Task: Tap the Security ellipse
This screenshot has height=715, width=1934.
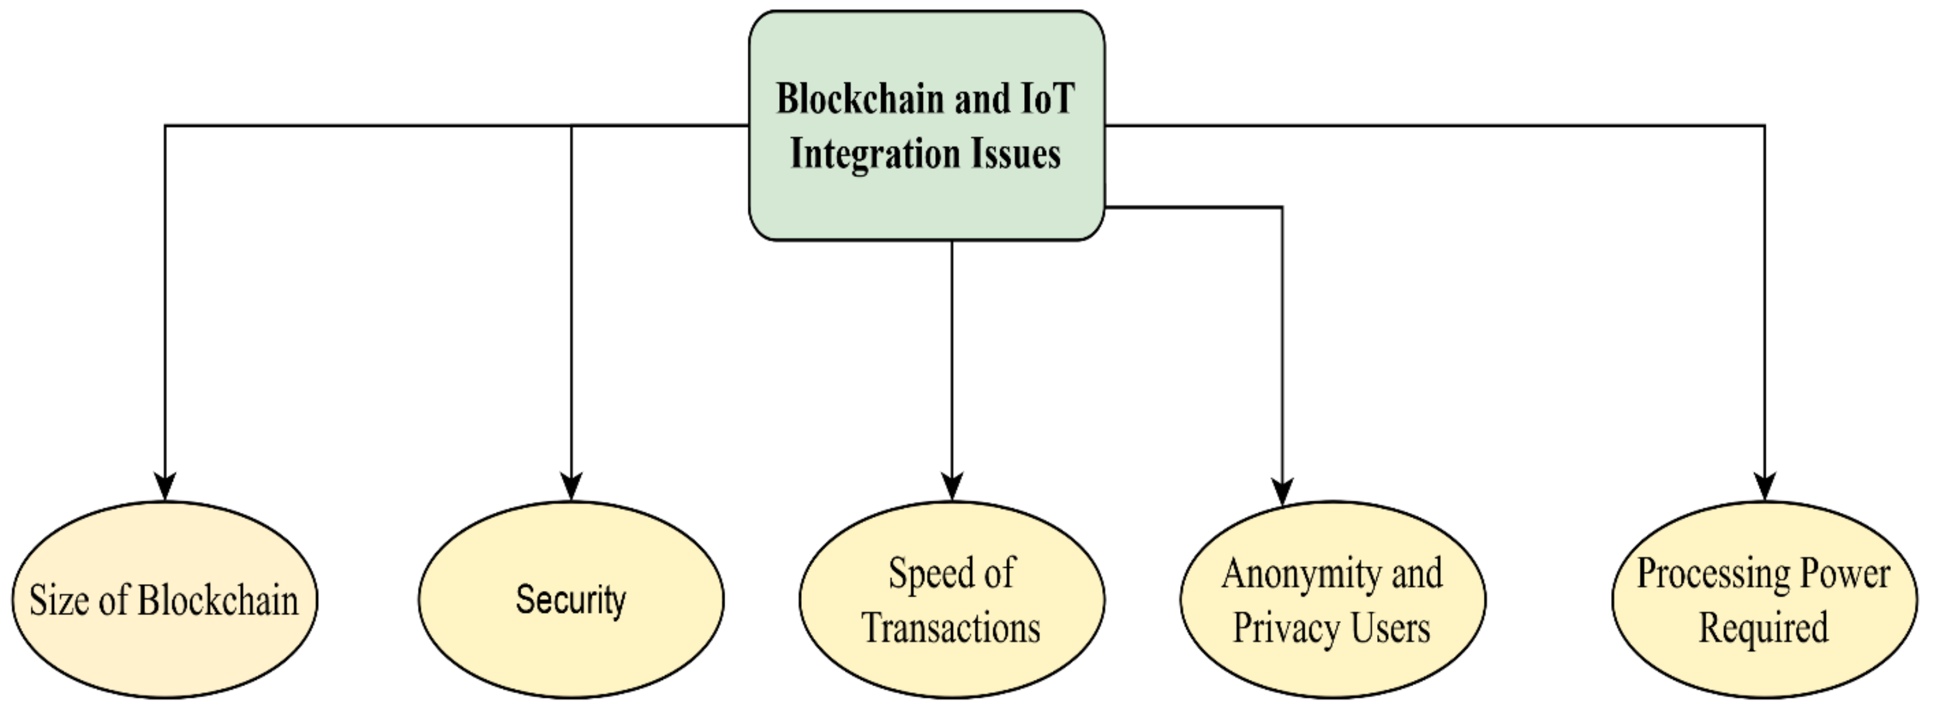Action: [570, 646]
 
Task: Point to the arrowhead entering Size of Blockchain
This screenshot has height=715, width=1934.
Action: [165, 486]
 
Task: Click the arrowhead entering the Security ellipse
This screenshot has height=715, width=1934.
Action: [572, 486]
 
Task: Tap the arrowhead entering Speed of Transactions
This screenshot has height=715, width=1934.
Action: [952, 486]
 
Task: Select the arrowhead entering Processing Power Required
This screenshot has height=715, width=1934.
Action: [1765, 486]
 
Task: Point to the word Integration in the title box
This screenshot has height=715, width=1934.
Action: [876, 155]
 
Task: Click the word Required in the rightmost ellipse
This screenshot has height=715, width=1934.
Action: [1763, 628]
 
